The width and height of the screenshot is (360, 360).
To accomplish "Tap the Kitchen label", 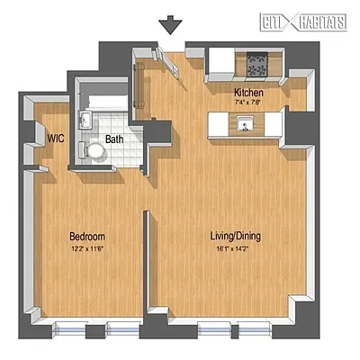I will pos(247,93).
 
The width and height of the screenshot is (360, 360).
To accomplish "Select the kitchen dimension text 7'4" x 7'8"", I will pos(247,103).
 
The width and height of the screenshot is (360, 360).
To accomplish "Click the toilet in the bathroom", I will pos(95,150).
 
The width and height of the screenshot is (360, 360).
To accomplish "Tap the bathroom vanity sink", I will pos(85,121).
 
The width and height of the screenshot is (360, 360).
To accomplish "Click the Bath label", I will pos(114,139).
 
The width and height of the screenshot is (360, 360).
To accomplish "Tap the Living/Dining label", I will pos(235,236).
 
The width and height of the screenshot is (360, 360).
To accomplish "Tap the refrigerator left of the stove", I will pos(220,62).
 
